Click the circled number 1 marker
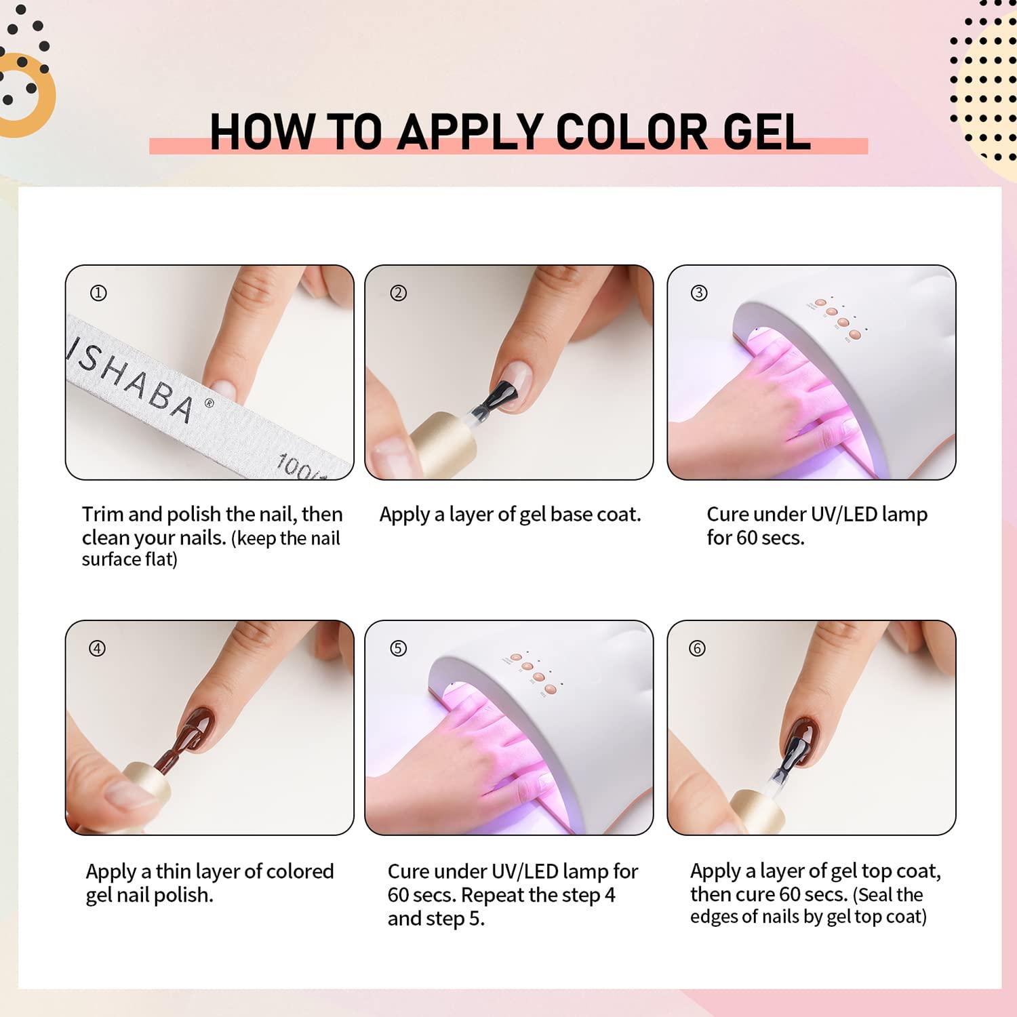coord(98,293)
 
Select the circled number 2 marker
coord(398,293)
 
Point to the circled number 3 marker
coord(698,293)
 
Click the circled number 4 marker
coord(98,648)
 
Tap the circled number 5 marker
coord(398,648)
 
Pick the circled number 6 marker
coord(697,648)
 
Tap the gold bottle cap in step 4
coord(146,787)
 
